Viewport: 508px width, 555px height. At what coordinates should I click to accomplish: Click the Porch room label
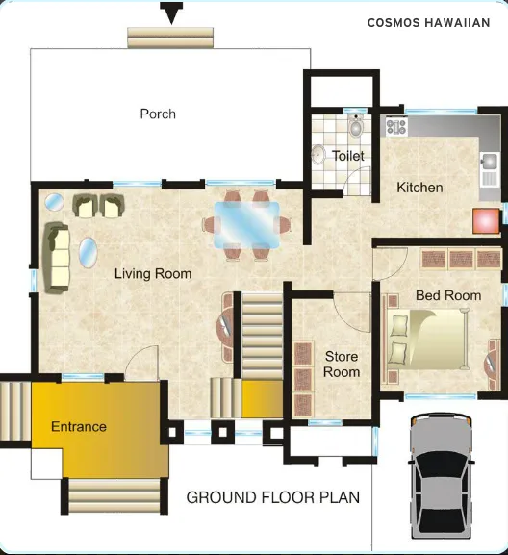pos(158,114)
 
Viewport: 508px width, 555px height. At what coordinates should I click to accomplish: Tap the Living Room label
pos(153,274)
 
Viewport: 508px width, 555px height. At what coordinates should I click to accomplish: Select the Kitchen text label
pos(419,188)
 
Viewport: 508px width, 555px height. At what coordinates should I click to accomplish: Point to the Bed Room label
pos(448,295)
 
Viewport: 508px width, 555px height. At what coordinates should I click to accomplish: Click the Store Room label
pos(342,365)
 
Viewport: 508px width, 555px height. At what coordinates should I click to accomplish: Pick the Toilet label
pos(348,155)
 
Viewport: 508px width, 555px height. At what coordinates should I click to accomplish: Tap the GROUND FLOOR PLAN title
pos(273,497)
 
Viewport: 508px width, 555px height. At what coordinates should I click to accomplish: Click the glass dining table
pos(246,224)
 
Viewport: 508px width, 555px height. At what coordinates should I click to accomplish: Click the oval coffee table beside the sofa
pos(88,254)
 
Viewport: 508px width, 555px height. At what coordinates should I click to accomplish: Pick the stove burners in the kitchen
pos(395,126)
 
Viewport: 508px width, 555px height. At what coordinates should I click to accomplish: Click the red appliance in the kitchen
pos(484,219)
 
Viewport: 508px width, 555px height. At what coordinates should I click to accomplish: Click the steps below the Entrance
pos(115,496)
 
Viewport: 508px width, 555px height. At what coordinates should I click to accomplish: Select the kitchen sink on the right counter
pos(488,162)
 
